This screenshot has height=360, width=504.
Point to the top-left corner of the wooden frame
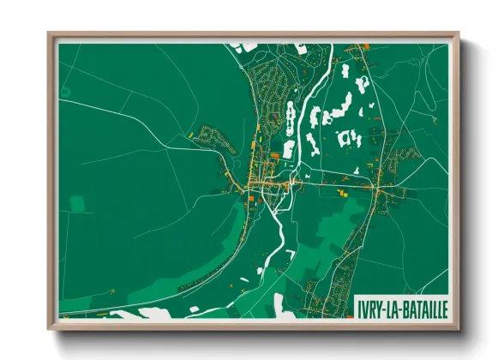coord(49,33)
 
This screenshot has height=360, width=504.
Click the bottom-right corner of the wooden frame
coord(459,328)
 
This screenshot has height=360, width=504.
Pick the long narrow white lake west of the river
coord(289,117)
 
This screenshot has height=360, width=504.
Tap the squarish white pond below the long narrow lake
coord(288,147)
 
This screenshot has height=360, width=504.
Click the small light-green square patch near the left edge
coord(77,204)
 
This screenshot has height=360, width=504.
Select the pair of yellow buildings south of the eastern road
coord(341,194)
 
